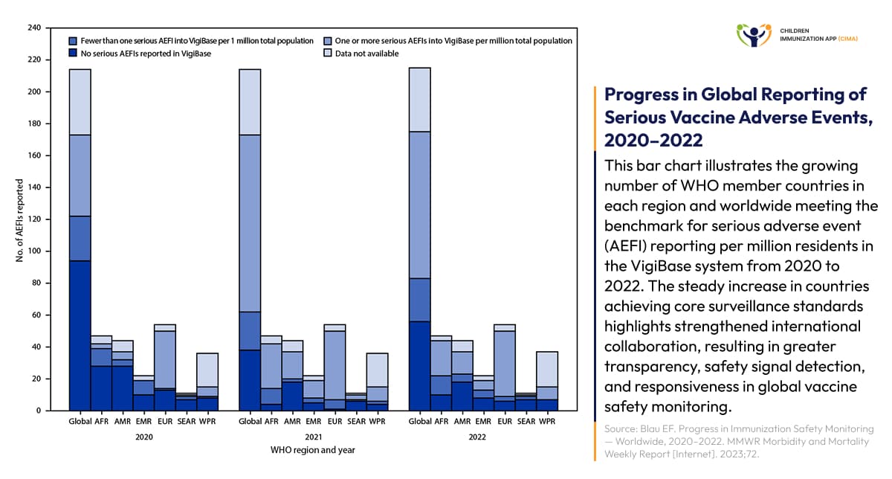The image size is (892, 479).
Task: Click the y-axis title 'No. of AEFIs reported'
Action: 19,220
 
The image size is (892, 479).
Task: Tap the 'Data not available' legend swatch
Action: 328,54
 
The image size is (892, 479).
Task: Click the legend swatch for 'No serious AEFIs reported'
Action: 73,54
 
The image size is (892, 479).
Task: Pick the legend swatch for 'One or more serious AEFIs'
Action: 328,41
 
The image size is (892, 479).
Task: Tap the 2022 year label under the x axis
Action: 477,437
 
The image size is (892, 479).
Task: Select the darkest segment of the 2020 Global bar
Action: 80,335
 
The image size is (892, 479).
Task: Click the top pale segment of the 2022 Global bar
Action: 420,100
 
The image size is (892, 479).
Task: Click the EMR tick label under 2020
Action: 144,422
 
